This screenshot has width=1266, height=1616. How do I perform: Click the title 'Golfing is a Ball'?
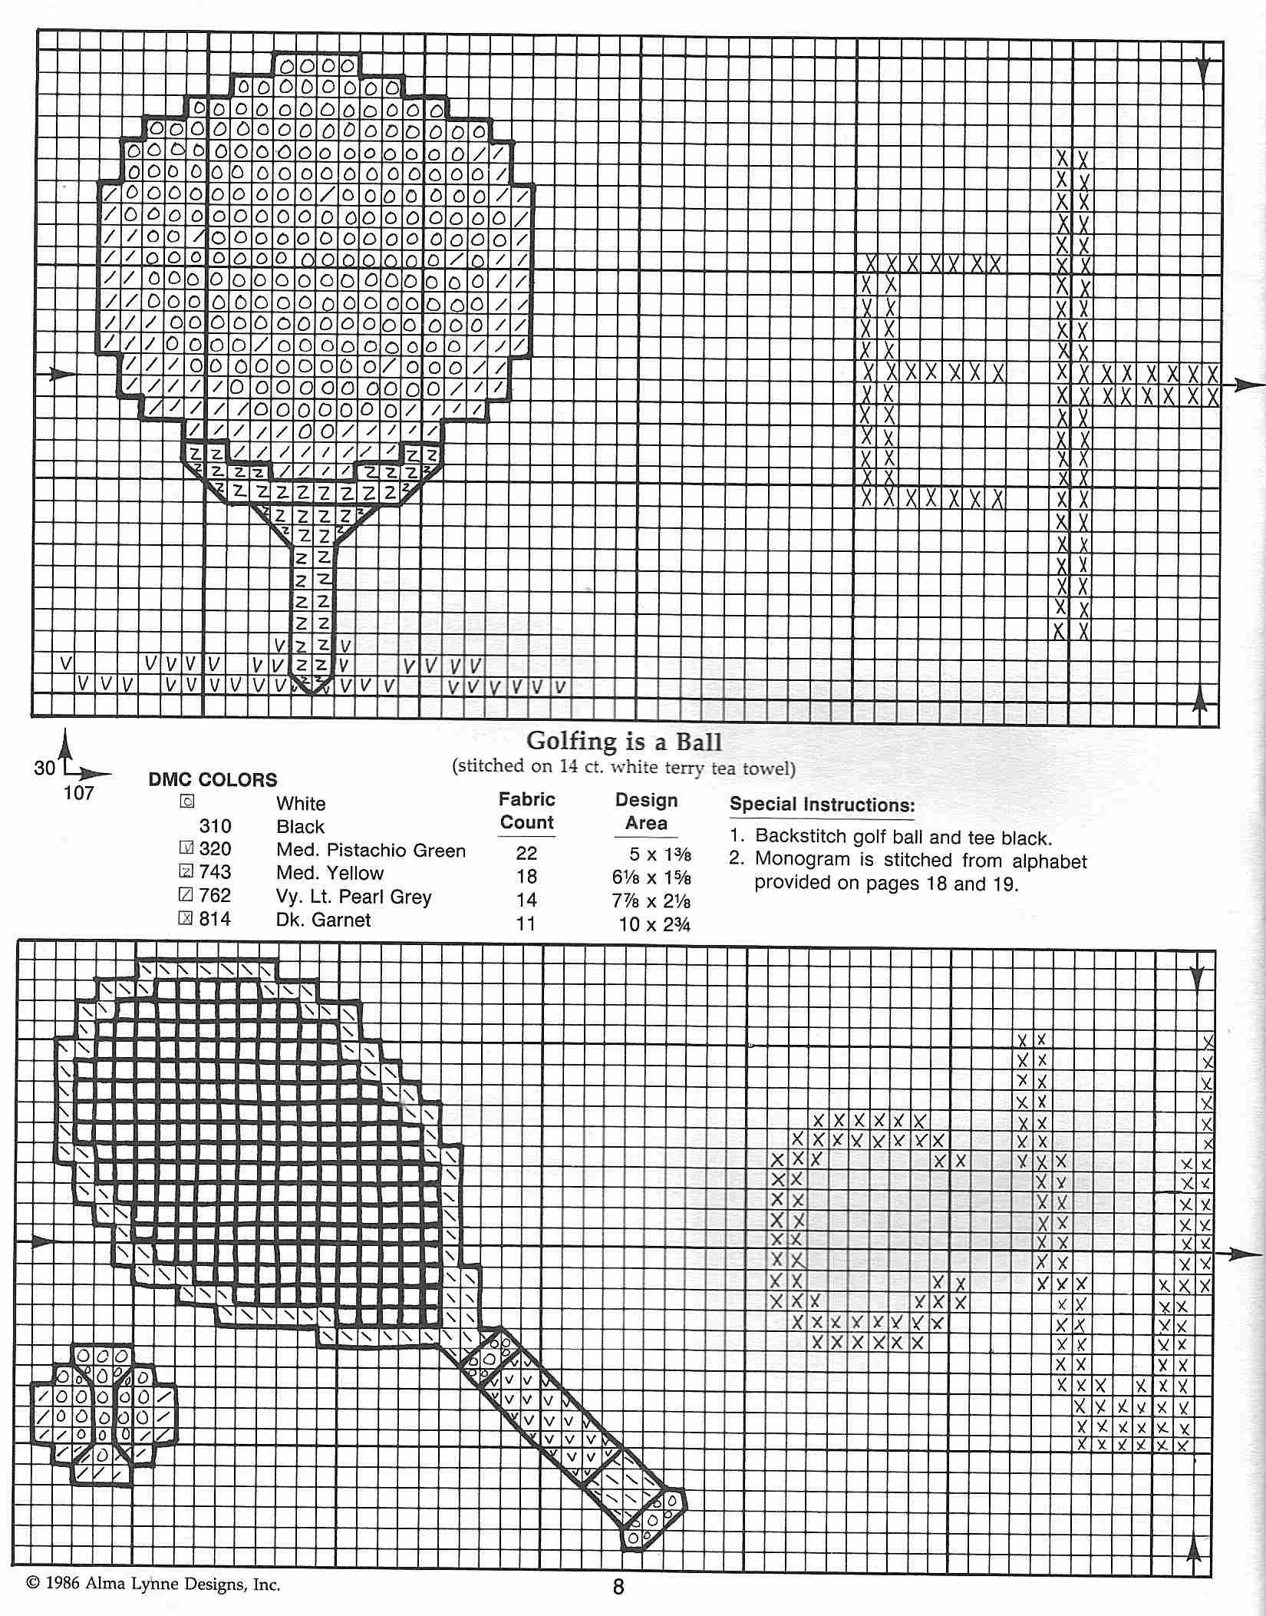point(624,741)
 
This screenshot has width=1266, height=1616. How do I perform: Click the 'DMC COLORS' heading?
point(213,780)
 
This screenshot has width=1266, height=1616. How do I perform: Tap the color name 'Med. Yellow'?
point(330,873)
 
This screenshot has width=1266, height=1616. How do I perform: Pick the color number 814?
point(215,919)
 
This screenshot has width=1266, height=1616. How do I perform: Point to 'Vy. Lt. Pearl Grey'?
point(354,897)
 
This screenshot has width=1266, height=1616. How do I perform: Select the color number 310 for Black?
point(215,827)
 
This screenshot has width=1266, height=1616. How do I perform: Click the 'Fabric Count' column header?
point(526,811)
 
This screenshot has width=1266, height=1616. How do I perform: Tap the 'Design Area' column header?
point(646,811)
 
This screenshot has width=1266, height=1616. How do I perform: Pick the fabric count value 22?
point(526,853)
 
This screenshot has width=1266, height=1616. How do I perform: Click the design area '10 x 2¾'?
point(654,924)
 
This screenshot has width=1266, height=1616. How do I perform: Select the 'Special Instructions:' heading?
point(822,805)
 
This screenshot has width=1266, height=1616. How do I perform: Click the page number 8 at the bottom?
point(618,1585)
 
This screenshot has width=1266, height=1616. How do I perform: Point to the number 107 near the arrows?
point(78,793)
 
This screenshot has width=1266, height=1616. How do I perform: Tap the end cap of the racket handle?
point(653,1518)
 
